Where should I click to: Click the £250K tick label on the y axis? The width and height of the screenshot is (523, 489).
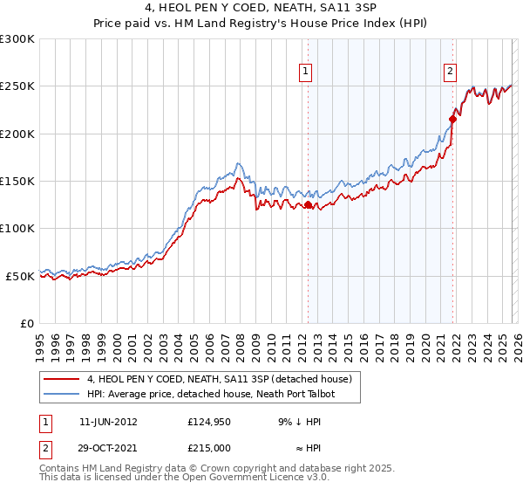(x=17, y=86)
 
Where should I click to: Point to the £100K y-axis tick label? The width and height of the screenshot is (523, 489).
(x=17, y=228)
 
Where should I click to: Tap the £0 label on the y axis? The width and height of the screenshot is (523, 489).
(x=26, y=323)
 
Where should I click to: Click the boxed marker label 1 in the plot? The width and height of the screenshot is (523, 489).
(x=307, y=72)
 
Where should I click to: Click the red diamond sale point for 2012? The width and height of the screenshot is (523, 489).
(x=308, y=205)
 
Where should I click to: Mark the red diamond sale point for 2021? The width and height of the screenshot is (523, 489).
(x=452, y=120)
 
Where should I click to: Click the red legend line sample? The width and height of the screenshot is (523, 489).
(x=62, y=379)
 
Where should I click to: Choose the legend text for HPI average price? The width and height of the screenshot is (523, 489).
(x=212, y=394)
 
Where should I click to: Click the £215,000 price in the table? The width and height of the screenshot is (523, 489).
(x=208, y=447)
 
